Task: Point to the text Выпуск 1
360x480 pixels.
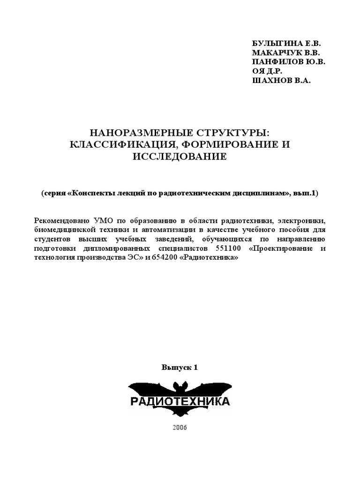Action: coord(180,367)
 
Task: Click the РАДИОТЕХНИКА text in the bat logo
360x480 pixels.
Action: coord(180,402)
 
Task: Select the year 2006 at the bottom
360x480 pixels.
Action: coord(180,427)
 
